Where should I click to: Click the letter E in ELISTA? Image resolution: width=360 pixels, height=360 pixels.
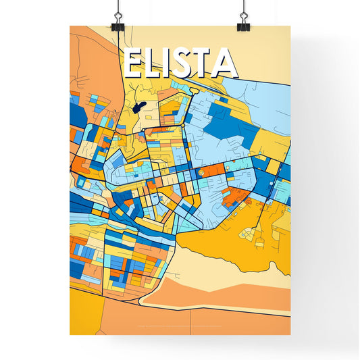(x=134, y=64)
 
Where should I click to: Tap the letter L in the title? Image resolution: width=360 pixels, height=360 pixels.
(x=157, y=64)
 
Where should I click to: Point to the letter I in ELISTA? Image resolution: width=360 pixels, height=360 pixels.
(x=172, y=64)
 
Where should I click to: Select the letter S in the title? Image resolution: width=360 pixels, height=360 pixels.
(x=187, y=64)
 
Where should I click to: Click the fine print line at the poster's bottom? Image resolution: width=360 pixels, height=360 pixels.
(x=180, y=328)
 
